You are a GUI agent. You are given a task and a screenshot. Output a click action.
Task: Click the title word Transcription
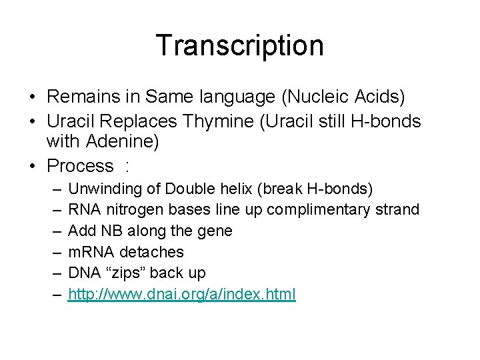pos(239,45)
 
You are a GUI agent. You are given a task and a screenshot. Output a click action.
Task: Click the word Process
pos(81,165)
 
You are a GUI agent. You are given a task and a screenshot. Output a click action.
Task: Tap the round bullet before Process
pos(33,166)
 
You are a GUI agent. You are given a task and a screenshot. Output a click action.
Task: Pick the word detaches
pos(151,252)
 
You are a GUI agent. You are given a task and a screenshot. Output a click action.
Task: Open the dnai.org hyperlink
pos(182,294)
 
